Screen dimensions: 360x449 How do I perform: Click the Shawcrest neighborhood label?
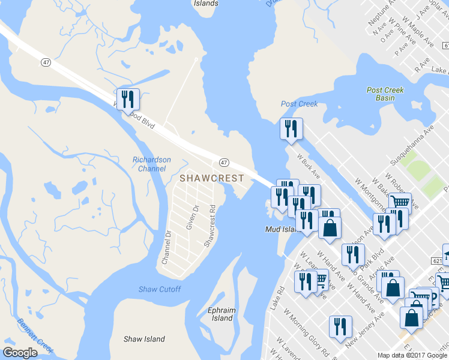(212, 178)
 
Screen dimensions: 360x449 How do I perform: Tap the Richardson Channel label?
(152, 164)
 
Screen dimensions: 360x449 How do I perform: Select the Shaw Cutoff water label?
(160, 289)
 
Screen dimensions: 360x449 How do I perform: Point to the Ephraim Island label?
(221, 314)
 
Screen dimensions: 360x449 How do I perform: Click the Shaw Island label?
(144, 339)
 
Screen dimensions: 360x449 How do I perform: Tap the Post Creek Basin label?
(385, 94)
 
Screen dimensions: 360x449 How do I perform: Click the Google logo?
(20, 353)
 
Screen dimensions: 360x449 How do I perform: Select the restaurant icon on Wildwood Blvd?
(127, 98)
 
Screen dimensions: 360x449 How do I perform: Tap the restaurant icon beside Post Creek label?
(291, 128)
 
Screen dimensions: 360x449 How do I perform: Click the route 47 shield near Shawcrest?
(223, 163)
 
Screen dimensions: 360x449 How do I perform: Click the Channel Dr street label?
(167, 248)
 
